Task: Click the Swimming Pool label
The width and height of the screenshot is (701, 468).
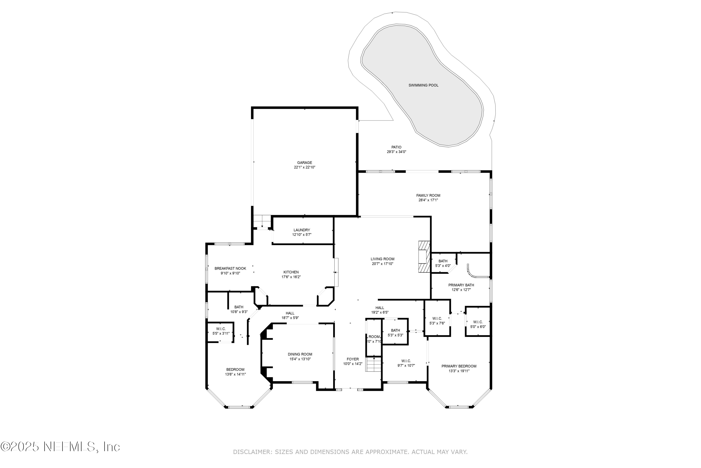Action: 423,85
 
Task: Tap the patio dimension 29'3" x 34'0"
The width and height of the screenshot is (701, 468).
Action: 396,152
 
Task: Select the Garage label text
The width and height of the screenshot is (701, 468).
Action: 304,163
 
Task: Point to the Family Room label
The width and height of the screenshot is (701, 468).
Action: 428,195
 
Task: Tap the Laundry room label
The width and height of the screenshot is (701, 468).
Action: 302,230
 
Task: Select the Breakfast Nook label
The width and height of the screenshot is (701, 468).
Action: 230,269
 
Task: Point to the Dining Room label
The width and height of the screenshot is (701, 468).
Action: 300,354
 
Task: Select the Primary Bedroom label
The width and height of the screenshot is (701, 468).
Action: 459,366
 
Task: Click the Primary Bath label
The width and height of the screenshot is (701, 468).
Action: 461,285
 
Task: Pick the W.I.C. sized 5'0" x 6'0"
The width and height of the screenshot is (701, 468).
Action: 478,324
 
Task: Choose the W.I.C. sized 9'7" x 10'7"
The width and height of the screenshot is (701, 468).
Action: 406,363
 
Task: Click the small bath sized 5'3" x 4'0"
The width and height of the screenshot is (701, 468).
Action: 443,263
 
